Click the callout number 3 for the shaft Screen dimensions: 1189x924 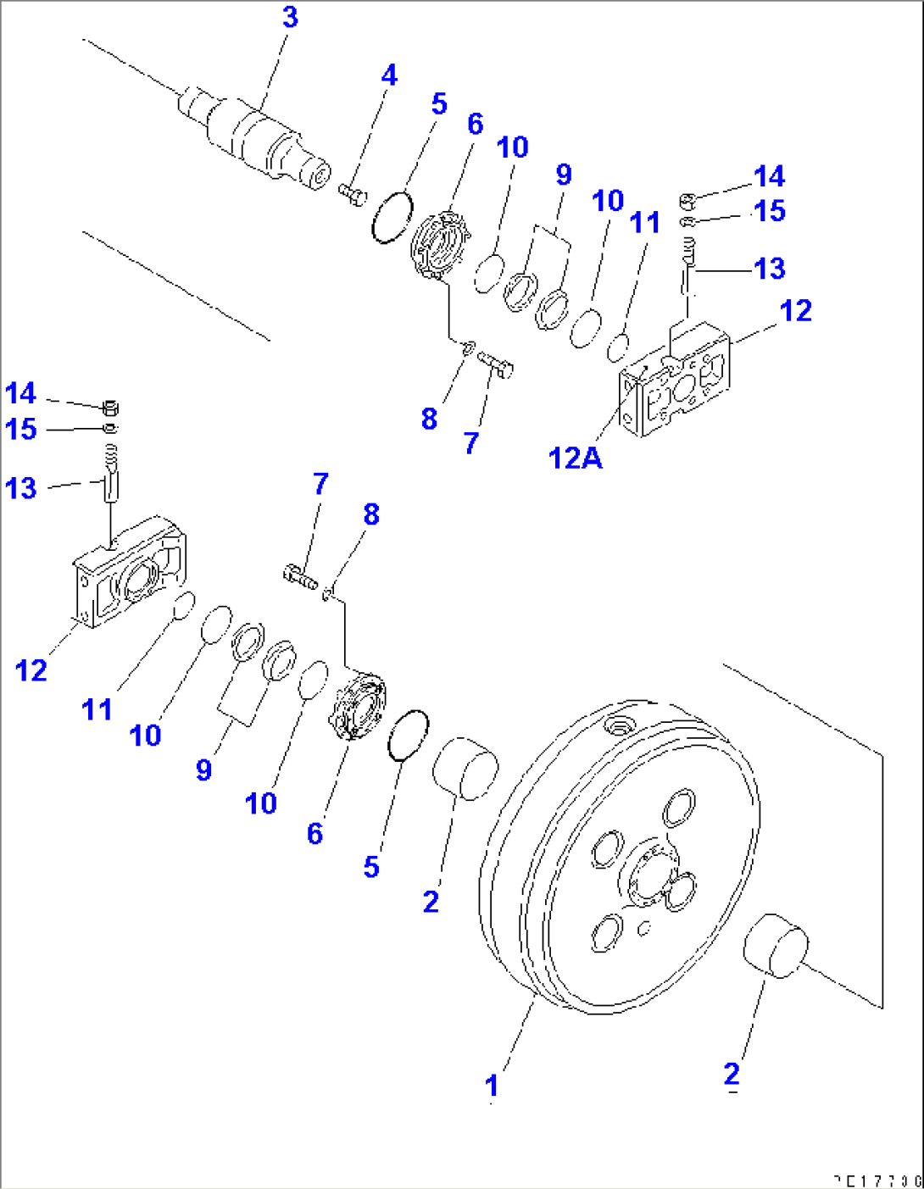[x=290, y=18]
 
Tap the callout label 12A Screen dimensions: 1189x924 [x=575, y=458]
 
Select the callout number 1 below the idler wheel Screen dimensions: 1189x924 [x=492, y=1086]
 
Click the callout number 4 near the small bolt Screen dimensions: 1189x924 [x=389, y=75]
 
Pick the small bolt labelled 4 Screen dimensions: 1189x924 [x=352, y=193]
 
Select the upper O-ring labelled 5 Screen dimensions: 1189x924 [x=392, y=217]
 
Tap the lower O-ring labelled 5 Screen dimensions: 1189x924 [x=408, y=735]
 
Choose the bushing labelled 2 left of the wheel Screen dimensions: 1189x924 [x=464, y=768]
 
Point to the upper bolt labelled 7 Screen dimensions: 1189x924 [x=498, y=364]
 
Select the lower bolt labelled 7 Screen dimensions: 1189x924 [x=299, y=576]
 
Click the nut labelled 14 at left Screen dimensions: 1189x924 [x=109, y=406]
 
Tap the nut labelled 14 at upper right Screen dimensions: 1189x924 [x=688, y=201]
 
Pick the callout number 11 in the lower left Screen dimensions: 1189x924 [x=97, y=709]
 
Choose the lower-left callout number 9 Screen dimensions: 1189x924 [x=203, y=770]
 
